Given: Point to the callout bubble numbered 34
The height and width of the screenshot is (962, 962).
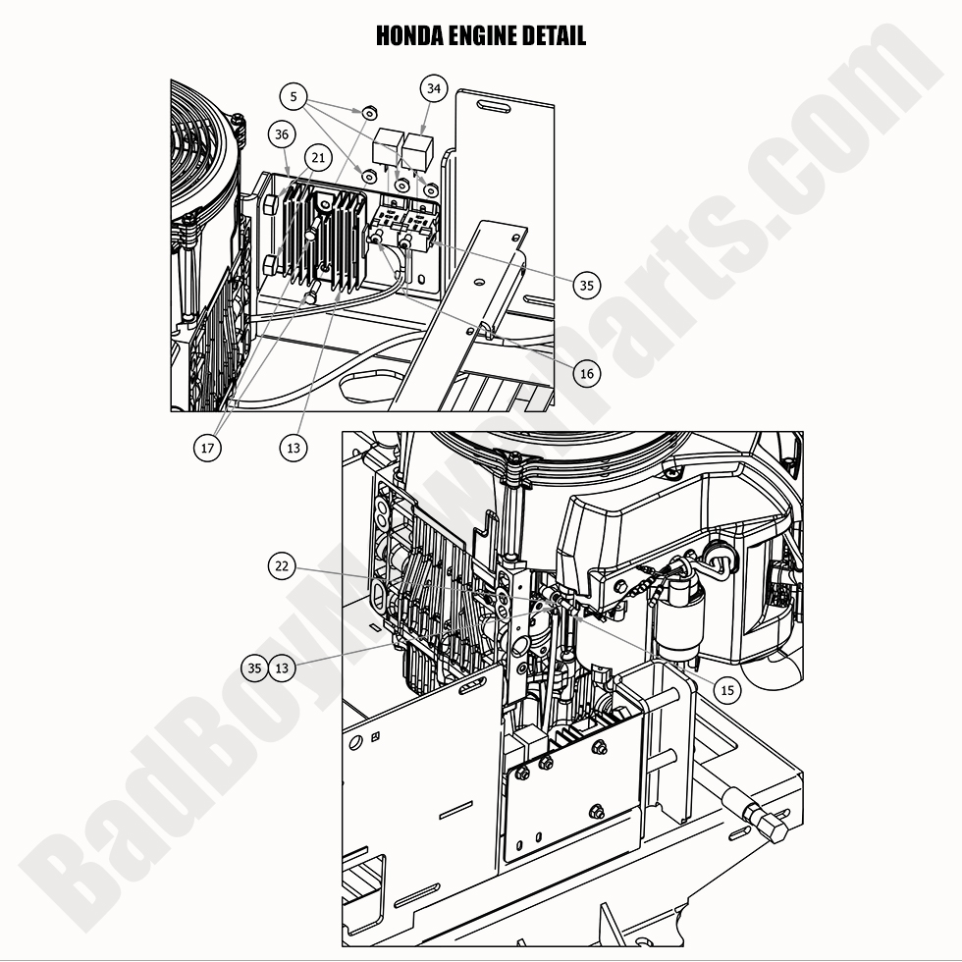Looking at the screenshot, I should click(x=434, y=88).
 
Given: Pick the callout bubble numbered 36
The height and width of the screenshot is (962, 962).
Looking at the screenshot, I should click(x=282, y=134).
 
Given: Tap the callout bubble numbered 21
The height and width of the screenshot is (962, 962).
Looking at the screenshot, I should click(x=317, y=157).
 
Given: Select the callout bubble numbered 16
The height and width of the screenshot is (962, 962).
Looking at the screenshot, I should click(x=587, y=373).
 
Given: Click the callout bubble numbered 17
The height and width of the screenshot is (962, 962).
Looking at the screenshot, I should click(x=207, y=448).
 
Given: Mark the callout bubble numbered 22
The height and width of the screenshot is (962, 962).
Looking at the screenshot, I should click(x=283, y=565).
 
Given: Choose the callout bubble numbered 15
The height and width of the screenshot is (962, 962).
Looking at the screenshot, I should click(x=727, y=690).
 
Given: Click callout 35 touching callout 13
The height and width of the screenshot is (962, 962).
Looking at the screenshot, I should click(x=255, y=668).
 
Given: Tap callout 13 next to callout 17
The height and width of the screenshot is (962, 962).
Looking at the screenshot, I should click(x=293, y=448).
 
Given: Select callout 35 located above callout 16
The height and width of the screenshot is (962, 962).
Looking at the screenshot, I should click(x=587, y=286).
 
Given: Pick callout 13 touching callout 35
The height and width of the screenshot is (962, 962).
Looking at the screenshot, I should click(x=283, y=668).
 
